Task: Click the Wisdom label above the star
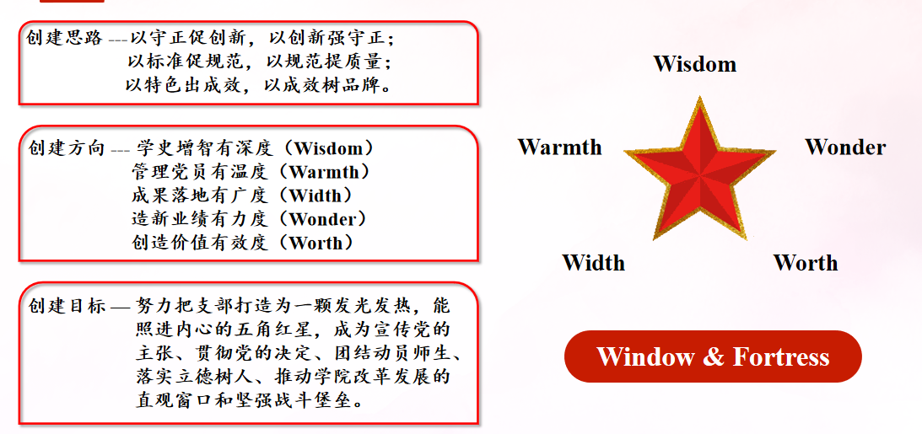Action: click(694, 64)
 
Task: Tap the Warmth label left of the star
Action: click(559, 147)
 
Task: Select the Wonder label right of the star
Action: click(845, 147)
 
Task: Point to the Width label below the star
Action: click(593, 263)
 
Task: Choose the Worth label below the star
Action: click(806, 263)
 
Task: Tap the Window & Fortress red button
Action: click(713, 356)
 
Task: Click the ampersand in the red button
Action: click(713, 356)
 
